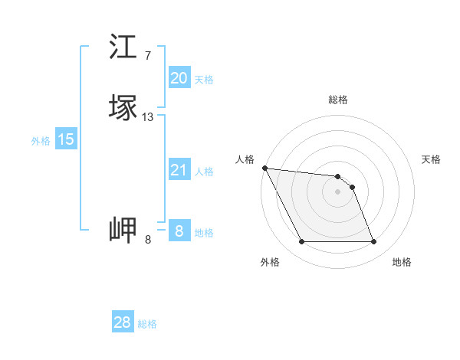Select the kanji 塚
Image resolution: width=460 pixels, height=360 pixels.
pyautogui.click(x=123, y=108)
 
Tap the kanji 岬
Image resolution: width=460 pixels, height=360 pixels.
pyautogui.click(x=123, y=230)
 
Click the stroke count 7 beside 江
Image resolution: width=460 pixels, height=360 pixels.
pyautogui.click(x=147, y=55)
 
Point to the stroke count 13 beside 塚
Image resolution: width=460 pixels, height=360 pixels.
pyautogui.click(x=148, y=117)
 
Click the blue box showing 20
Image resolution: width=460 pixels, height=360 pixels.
pyautogui.click(x=179, y=77)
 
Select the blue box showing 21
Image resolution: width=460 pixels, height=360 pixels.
pyautogui.click(x=179, y=170)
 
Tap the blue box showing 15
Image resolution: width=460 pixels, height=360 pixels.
pyautogui.click(x=66, y=139)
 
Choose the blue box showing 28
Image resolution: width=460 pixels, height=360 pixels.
pyautogui.click(x=123, y=322)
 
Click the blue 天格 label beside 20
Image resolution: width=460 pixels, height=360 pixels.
pyautogui.click(x=204, y=79)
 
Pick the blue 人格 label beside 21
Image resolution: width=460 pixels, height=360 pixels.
pyautogui.click(x=204, y=172)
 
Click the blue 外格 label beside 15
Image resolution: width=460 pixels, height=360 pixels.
pyautogui.click(x=41, y=141)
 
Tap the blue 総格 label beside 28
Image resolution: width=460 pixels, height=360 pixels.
pyautogui.click(x=147, y=324)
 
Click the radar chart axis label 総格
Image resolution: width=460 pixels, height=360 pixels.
pyautogui.click(x=338, y=100)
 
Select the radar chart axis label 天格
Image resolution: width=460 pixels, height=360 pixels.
pyautogui.click(x=431, y=159)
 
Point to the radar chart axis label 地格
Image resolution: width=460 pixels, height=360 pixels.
pyautogui.click(x=402, y=262)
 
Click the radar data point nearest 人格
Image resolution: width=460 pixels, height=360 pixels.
pyautogui.click(x=264, y=168)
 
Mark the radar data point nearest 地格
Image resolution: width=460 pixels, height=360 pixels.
pyautogui.click(x=373, y=242)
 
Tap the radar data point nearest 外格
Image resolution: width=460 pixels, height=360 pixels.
pyautogui.click(x=302, y=242)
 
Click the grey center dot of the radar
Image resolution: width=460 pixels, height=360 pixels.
pyautogui.click(x=338, y=191)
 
